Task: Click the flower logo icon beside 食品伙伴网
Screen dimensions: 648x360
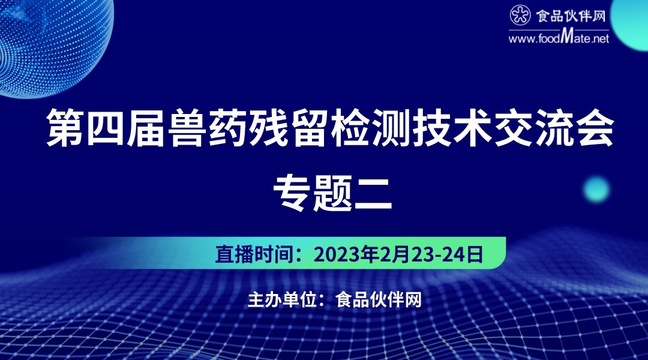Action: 520,15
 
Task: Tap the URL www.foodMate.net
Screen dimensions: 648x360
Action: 559,38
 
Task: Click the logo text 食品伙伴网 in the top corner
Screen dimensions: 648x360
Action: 571,16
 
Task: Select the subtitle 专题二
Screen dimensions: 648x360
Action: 332,193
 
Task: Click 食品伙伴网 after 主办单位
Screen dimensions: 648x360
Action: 378,299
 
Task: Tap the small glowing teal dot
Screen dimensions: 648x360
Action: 596,189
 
